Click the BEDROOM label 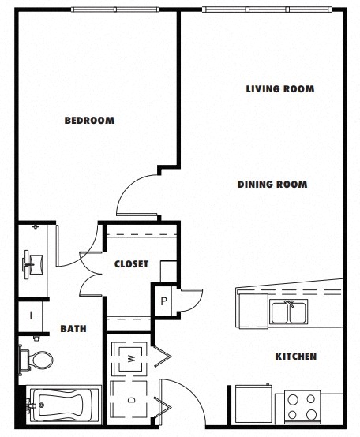(x=89, y=121)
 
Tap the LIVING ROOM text (x=279, y=89)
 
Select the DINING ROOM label (x=272, y=185)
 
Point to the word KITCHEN (x=295, y=357)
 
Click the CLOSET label (x=131, y=264)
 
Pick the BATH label (x=73, y=328)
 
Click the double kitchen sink (x=288, y=312)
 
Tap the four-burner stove (x=302, y=407)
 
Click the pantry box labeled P (x=163, y=300)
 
